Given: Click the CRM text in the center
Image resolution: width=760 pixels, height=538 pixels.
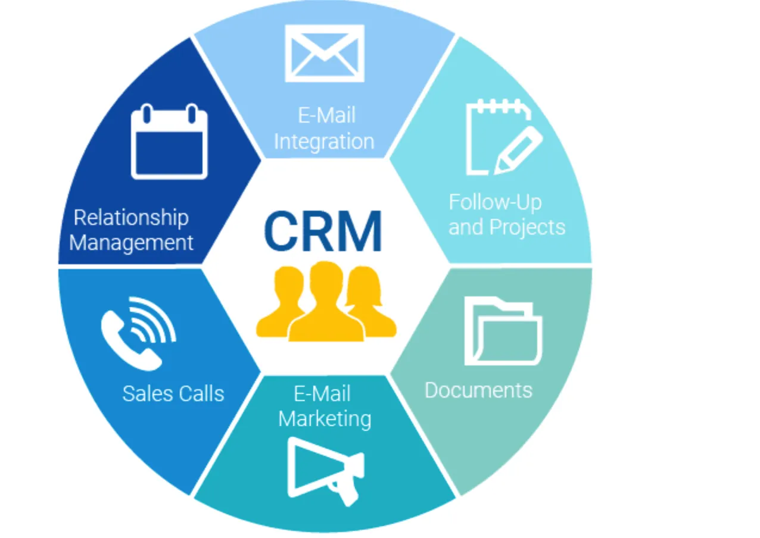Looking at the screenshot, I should [x=323, y=232].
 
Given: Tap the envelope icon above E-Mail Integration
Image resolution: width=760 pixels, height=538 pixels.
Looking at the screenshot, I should [x=324, y=53].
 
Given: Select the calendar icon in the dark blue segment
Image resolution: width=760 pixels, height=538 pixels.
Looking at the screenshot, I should [x=169, y=142].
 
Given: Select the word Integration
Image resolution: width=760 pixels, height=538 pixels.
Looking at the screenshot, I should [x=324, y=142].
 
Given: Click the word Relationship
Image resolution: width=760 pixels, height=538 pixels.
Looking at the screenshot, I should [x=131, y=218].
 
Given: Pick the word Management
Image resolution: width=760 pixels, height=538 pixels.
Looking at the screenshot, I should [x=132, y=243].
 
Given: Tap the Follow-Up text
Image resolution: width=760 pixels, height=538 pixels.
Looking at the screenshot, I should [x=495, y=202].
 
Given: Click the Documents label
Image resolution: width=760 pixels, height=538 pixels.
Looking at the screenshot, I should [x=478, y=390].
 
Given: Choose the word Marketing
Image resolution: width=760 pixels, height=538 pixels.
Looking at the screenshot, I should [x=325, y=418].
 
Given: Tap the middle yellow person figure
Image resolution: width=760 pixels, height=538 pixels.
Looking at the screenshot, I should [x=325, y=304].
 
